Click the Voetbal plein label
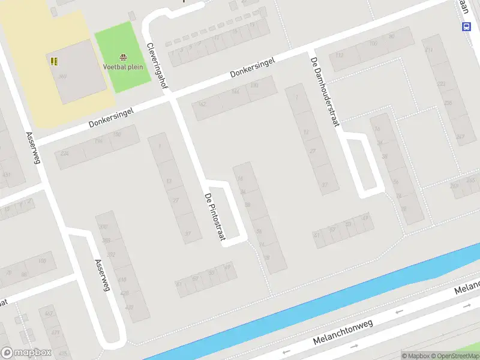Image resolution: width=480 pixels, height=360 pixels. pos(123,67)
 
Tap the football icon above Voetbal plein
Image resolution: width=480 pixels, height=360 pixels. pos(123,58)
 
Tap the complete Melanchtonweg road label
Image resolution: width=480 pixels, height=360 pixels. pos(343,332)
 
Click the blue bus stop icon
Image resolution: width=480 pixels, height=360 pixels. pos(466,26)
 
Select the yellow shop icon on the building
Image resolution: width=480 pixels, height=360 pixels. pos(54,61)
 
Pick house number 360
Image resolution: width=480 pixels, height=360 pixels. pos(62,76)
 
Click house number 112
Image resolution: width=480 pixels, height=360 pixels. pos(340,55)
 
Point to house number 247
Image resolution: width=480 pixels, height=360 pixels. pos(460,137)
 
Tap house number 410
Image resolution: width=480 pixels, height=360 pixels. pos(122,280)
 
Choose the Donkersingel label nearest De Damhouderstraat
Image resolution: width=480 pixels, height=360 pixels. pos(252,68)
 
